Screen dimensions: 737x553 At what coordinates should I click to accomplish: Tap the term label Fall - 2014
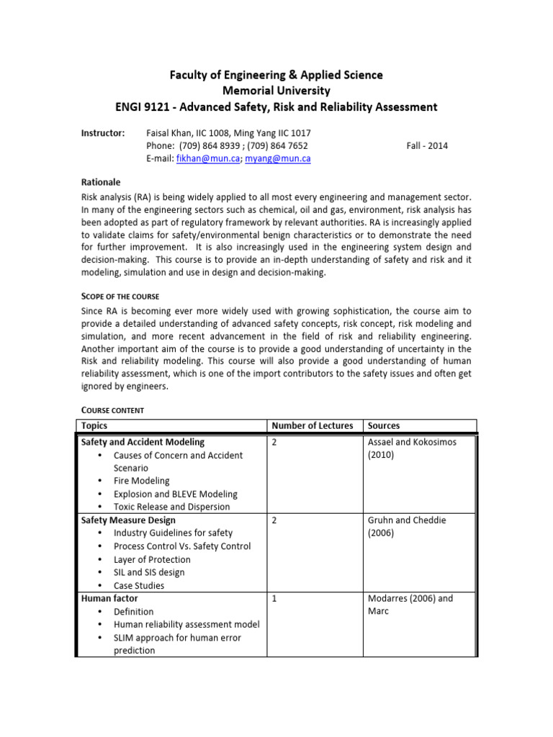click(x=427, y=145)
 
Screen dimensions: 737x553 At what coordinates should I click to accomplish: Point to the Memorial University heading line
click(x=276, y=91)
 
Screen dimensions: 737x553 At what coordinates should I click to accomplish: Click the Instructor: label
click(x=102, y=132)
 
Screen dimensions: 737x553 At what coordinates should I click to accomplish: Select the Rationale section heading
click(x=100, y=182)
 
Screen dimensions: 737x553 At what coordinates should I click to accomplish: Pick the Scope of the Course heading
click(x=120, y=297)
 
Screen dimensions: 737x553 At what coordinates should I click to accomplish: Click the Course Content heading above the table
click(x=112, y=410)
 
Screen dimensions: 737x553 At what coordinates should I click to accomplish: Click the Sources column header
click(x=383, y=425)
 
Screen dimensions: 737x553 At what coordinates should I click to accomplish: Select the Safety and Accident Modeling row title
click(x=143, y=442)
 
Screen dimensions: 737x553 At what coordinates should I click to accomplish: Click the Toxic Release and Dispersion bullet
click(x=171, y=507)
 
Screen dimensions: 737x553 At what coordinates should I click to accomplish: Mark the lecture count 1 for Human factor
click(x=274, y=598)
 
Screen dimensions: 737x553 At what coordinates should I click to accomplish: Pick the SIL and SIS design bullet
click(x=148, y=572)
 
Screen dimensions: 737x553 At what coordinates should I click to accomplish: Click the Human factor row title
click(x=109, y=598)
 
